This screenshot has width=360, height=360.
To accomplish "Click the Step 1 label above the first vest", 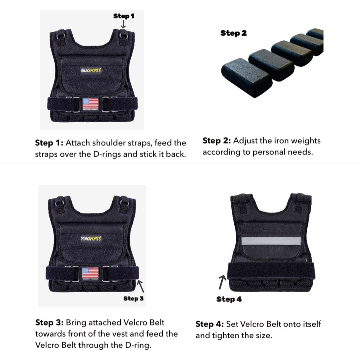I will click(124, 16).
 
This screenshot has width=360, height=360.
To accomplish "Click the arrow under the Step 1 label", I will click(123, 24).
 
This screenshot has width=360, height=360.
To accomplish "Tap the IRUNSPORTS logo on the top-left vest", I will click(91, 71).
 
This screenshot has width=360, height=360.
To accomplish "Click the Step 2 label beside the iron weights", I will click(233, 33).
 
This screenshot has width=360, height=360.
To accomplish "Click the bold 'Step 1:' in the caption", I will click(49, 143).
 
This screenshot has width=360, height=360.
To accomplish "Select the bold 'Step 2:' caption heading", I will click(217, 141).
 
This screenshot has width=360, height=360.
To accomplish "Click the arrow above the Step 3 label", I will click(141, 286).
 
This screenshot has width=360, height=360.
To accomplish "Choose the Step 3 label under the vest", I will click(133, 299).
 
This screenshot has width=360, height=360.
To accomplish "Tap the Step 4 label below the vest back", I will click(229, 299).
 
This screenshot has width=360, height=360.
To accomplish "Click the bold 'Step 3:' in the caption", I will click(50, 323).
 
